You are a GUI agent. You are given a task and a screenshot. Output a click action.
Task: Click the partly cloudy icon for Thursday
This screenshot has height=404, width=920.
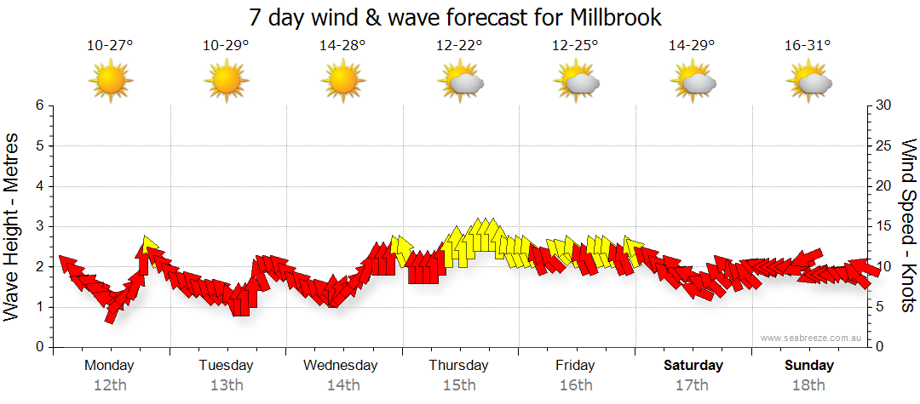click(x=461, y=83)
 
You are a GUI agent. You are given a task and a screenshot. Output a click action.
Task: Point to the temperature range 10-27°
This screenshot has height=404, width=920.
click(x=110, y=46)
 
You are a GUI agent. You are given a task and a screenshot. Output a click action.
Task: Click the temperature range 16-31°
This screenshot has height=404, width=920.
click(x=808, y=46)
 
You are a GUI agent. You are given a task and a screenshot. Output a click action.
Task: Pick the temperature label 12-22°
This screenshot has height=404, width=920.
click(x=458, y=46)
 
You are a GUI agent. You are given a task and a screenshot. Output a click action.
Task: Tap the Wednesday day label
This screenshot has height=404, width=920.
click(x=341, y=366)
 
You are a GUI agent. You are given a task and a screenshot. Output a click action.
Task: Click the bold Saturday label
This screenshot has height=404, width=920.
click(x=693, y=366)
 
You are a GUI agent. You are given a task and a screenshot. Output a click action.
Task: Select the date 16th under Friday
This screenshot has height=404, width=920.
click(x=576, y=385)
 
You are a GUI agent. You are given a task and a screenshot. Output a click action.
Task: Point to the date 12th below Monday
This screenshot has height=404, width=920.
click(x=110, y=385)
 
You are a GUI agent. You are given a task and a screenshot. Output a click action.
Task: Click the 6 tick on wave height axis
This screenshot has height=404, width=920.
click(x=39, y=105)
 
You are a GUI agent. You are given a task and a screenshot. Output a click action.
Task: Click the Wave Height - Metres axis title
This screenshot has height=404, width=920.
click(x=13, y=226)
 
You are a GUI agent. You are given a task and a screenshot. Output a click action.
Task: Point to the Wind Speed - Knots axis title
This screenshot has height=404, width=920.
click(x=907, y=226)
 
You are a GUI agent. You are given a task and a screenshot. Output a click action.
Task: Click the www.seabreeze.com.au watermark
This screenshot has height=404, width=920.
click(x=813, y=339)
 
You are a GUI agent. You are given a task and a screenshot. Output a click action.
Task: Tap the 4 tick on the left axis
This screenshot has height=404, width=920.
click(x=39, y=186)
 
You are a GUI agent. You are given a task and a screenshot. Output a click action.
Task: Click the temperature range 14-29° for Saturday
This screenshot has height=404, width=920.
click(x=691, y=46)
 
